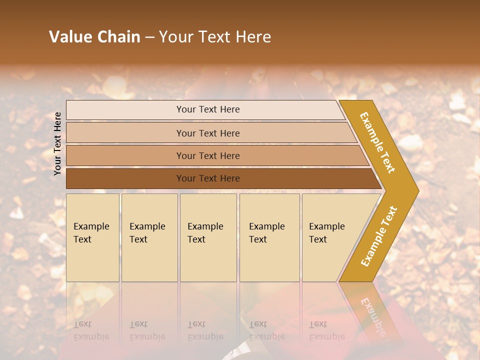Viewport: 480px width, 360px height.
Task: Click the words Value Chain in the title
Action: (94, 37)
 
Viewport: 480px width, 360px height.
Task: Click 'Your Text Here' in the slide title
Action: (215, 37)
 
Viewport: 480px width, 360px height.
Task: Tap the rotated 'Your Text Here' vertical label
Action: (57, 143)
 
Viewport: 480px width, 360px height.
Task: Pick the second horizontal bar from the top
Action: (208, 133)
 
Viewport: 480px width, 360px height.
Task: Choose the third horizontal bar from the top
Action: (208, 155)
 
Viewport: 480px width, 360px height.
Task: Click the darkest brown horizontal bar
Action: (208, 178)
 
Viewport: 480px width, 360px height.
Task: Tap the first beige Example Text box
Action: (92, 237)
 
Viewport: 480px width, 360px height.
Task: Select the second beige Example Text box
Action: (149, 237)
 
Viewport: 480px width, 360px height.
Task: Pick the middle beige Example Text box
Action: (208, 237)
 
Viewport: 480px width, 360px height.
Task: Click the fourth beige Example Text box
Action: (269, 237)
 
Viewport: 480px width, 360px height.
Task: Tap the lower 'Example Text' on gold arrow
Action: (379, 236)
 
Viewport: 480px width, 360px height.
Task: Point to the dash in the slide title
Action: (149, 37)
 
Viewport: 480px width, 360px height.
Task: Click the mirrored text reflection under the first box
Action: (91, 330)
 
